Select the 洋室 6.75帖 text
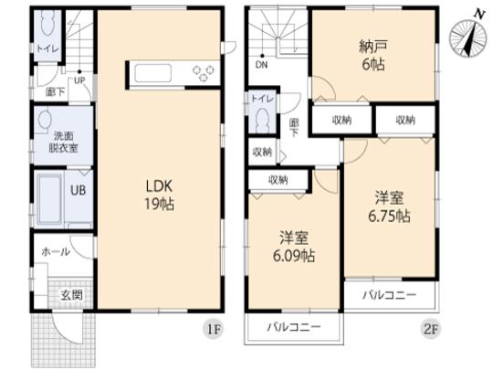(390, 206)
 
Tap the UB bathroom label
(79, 190)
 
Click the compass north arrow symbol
(468, 38)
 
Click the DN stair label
(261, 66)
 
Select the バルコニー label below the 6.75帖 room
(389, 296)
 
